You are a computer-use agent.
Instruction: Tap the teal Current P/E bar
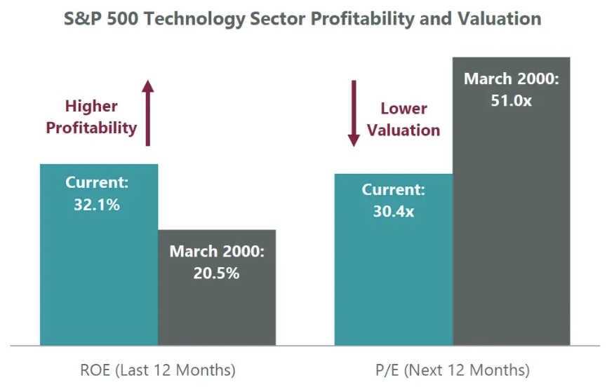(x=393, y=281)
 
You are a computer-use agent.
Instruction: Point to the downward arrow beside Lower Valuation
(x=354, y=113)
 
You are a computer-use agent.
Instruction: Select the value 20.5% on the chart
(x=216, y=273)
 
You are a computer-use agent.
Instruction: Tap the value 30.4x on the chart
(x=393, y=210)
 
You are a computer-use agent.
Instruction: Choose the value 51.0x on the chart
(x=511, y=100)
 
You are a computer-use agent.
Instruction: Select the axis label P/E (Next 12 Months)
(x=453, y=370)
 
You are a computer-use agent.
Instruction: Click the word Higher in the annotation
(x=91, y=107)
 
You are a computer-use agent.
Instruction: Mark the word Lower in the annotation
(x=404, y=109)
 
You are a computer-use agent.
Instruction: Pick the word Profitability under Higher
(x=91, y=128)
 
